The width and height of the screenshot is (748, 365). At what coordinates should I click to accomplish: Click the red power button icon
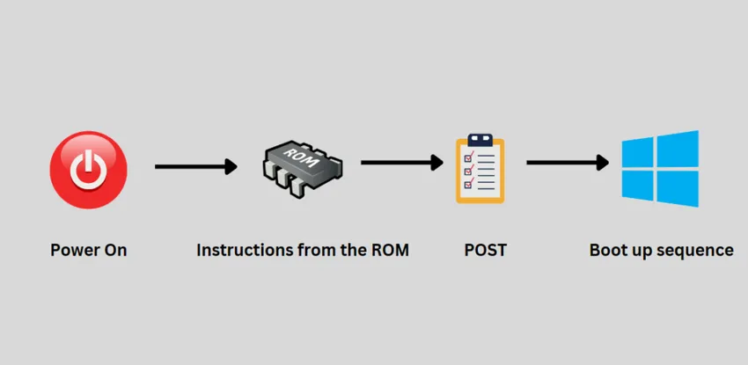coord(89,170)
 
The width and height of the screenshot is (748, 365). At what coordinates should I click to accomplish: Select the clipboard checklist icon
coord(480,169)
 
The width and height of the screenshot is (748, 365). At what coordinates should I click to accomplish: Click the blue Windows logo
coord(660,169)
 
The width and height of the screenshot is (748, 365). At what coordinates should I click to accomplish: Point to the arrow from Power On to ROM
coord(196,166)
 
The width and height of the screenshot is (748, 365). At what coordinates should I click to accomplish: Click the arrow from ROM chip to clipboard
coord(402,163)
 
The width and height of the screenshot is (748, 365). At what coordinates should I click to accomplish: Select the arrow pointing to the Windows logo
coord(568,163)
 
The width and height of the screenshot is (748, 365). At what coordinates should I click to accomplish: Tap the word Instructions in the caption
coord(234,250)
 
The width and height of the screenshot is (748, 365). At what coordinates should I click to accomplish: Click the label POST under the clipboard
coord(485,250)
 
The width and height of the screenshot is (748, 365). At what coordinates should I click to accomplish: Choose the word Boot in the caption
coord(605,250)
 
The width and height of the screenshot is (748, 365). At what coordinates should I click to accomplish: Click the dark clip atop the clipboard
coord(480,140)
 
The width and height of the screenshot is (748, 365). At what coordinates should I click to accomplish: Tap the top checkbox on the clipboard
coord(469,156)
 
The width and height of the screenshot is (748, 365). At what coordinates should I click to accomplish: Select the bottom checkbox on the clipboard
coord(469,184)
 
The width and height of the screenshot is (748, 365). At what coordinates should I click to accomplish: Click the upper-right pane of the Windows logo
coord(678,150)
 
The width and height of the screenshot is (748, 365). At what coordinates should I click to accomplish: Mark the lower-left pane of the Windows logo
coord(637,186)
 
